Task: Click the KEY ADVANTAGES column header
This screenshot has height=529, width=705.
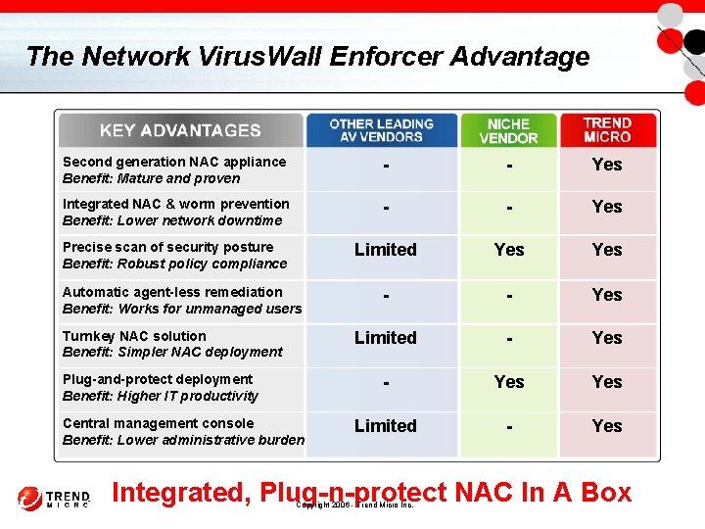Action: point(180,130)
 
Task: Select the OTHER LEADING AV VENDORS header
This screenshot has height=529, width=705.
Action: point(381,130)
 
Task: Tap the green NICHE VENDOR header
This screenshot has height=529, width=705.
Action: point(508,130)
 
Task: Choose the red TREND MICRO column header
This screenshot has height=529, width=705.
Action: point(607,130)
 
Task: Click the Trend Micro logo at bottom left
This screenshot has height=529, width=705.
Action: point(54,498)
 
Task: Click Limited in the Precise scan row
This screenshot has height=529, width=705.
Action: point(385,250)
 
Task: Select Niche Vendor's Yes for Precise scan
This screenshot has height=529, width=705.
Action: point(508,250)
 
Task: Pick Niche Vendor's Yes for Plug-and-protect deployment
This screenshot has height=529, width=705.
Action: point(508,382)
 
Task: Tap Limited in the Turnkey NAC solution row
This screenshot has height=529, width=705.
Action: point(385,338)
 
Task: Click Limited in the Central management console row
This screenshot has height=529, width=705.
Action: point(385,426)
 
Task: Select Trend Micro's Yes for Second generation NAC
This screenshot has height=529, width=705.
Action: point(607,165)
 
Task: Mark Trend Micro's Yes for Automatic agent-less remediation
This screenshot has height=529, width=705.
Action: point(607,295)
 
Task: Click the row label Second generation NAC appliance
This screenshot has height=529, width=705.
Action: point(174,162)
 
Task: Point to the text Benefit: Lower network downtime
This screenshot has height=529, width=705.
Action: point(171,220)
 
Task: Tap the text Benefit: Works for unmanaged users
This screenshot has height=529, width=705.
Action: point(181,309)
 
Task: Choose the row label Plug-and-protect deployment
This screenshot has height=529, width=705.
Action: point(158,379)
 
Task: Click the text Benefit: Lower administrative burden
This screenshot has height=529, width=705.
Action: point(183,440)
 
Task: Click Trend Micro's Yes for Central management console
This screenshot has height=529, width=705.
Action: point(607,426)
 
